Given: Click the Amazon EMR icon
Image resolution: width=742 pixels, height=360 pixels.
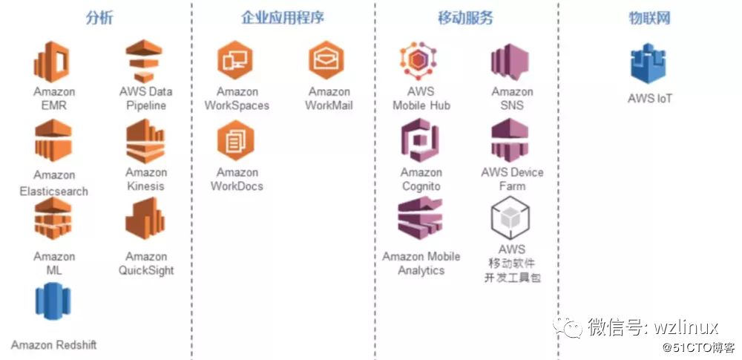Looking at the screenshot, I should click(53, 62).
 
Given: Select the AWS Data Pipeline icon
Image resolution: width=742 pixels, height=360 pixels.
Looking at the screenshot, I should click(145, 62).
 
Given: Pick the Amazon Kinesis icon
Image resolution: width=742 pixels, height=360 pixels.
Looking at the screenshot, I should click(145, 141).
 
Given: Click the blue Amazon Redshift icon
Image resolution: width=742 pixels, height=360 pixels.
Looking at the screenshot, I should click(53, 303).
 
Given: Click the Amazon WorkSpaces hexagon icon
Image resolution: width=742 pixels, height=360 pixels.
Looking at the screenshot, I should click(236, 60).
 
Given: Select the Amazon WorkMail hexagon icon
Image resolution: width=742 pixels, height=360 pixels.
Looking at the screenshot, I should click(328, 60).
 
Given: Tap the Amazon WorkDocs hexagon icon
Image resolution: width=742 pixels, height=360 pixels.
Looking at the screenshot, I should click(236, 141).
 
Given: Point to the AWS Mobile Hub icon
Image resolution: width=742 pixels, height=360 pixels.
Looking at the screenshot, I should click(420, 62).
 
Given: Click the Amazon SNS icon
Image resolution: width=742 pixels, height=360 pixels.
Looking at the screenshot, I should click(510, 62).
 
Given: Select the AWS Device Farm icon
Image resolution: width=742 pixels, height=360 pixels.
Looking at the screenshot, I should click(510, 141).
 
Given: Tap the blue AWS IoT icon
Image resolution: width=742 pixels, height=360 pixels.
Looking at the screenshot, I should click(649, 65).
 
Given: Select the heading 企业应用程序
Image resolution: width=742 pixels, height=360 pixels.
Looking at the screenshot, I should click(283, 18).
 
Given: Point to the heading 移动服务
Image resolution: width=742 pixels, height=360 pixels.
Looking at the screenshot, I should click(466, 18).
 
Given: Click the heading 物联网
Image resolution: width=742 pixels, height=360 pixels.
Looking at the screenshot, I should click(649, 18).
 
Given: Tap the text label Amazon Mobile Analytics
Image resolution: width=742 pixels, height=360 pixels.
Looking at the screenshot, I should click(421, 264).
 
